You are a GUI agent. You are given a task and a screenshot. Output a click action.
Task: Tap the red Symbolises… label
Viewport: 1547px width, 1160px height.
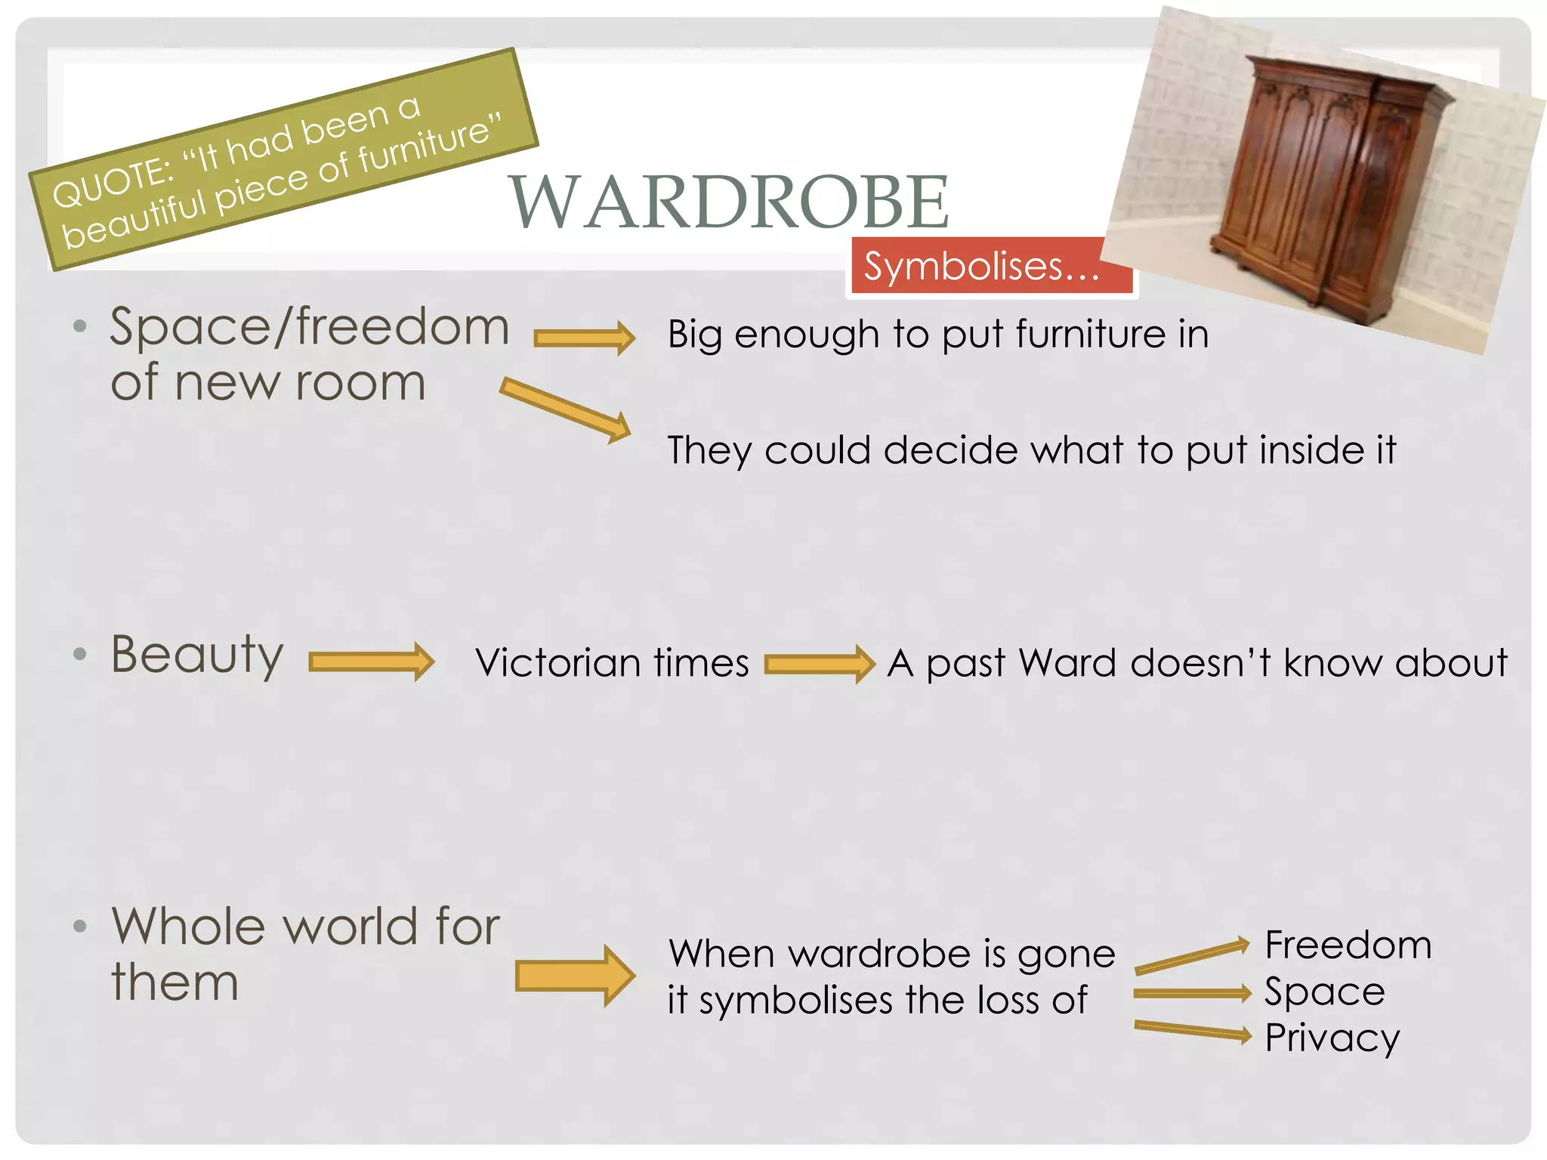tap(982, 267)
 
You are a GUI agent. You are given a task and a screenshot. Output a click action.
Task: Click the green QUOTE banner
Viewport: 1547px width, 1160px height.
tap(283, 160)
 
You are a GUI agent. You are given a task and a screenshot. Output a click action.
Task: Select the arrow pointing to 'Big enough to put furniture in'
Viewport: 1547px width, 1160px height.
tap(584, 337)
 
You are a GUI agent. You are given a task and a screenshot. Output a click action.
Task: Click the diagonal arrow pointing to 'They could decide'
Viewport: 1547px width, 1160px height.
tap(565, 409)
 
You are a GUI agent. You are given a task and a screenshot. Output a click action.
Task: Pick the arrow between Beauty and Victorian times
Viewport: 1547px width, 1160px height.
tap(372, 662)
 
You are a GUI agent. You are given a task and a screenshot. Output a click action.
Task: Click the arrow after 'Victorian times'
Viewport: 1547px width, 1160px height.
tap(819, 663)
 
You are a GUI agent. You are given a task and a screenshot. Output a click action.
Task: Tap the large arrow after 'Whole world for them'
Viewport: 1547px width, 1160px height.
tap(575, 975)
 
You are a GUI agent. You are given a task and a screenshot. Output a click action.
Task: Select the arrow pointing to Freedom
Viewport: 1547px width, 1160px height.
tap(1192, 956)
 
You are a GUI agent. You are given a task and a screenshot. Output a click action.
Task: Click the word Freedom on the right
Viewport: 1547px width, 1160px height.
tap(1348, 945)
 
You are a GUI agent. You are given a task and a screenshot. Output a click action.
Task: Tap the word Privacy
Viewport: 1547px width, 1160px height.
tap(1332, 1038)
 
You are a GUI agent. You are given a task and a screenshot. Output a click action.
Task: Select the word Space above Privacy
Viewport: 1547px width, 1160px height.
tap(1325, 991)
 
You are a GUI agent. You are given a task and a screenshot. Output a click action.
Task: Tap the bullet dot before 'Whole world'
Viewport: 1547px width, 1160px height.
tap(80, 927)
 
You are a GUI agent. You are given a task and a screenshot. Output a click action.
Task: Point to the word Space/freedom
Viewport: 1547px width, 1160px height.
tap(309, 327)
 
